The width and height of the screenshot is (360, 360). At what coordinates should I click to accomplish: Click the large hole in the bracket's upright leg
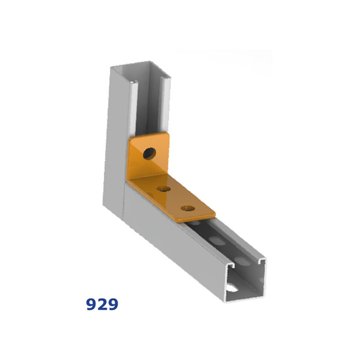coord(149,153)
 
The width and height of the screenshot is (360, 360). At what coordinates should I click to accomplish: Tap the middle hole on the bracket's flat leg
coord(164,189)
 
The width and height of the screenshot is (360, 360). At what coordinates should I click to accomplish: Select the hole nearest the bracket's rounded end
coord(188,208)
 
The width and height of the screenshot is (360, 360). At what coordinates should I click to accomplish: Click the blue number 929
coord(102,304)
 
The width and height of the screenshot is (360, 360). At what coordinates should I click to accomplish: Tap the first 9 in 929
coord(91,304)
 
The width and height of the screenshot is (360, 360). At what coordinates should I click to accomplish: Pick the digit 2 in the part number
coord(102,304)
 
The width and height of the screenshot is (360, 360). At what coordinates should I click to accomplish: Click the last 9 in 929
coord(113,304)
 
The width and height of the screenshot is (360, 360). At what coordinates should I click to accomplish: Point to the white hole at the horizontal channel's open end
coord(232,288)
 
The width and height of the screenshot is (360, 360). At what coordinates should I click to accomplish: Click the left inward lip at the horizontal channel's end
coord(230,266)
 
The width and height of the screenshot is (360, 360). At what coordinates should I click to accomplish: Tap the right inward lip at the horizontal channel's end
coord(262,260)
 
